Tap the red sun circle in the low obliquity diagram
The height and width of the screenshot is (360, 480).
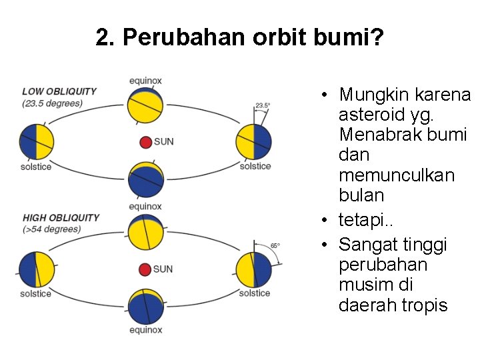[146, 142]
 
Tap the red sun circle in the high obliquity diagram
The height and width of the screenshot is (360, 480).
[145, 269]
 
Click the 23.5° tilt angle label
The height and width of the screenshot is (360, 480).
[263, 105]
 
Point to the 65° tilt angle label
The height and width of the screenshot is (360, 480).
[275, 245]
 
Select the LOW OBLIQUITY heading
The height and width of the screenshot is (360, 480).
[59, 91]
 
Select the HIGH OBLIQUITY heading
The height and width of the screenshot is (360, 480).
[61, 217]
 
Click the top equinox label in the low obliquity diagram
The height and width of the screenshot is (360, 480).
[145, 81]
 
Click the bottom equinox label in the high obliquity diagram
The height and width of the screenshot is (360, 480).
[145, 329]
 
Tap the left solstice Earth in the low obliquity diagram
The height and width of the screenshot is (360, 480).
[36, 141]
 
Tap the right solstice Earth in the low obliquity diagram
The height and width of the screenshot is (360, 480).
[254, 142]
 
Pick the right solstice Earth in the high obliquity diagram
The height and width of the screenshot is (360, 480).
[254, 270]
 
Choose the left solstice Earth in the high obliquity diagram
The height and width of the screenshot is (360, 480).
[36, 270]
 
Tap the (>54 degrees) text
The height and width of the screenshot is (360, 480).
[51, 229]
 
